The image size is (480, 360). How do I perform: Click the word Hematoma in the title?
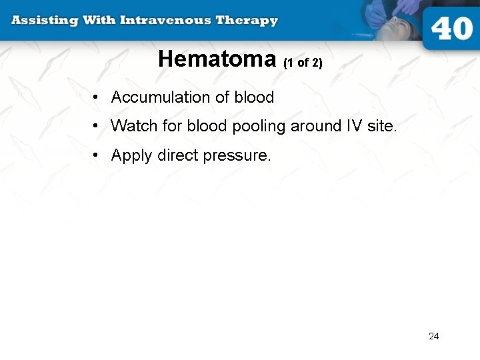pos(217,60)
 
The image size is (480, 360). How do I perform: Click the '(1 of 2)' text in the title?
pos(303,63)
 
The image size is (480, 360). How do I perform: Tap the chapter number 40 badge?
pos(451,29)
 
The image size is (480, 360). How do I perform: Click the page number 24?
pos(434,336)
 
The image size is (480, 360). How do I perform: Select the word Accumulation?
pos(160,97)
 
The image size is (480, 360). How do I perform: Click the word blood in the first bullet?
pos(254,97)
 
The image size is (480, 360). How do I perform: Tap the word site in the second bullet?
pos(381,126)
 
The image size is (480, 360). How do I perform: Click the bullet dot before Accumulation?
pos(97,98)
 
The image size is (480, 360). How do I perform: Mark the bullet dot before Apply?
pos(97,156)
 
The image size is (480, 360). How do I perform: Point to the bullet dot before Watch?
pos(97,127)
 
